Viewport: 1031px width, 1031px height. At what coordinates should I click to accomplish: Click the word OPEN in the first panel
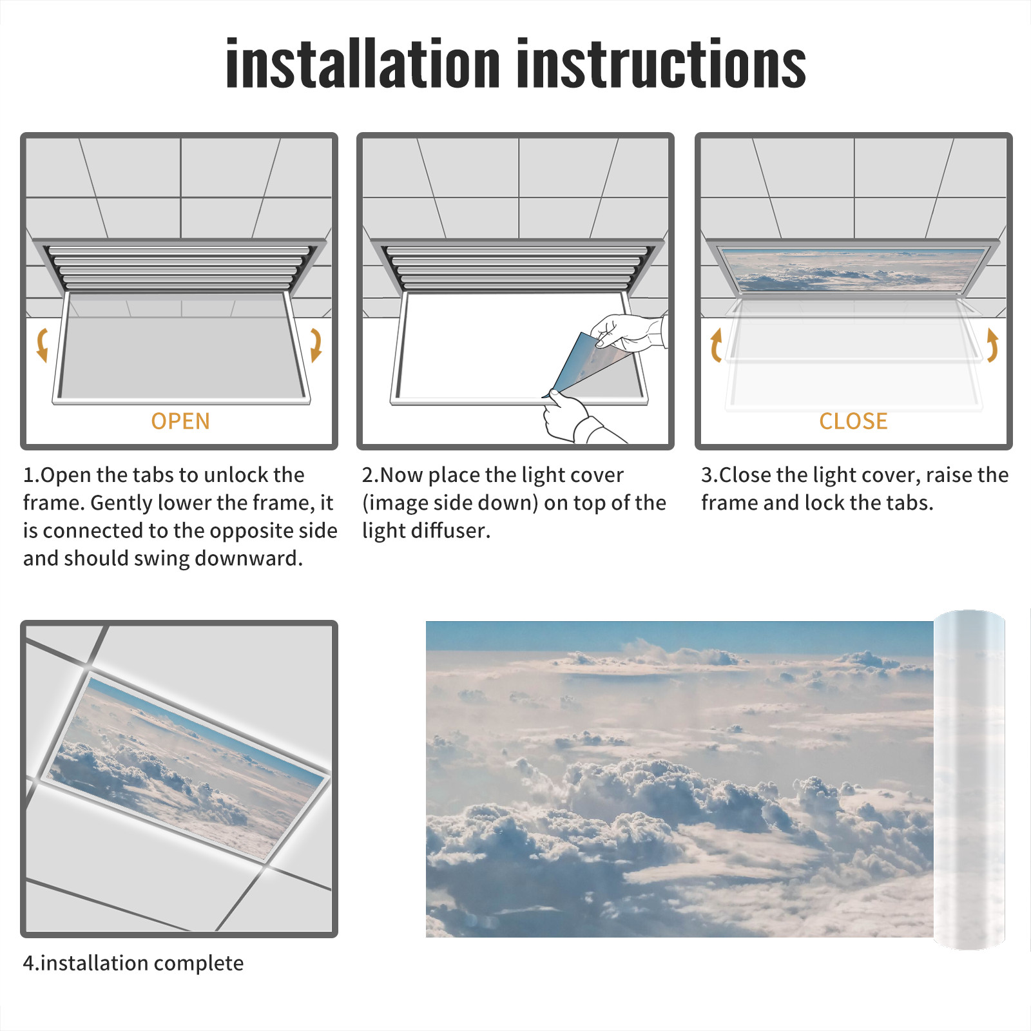[x=180, y=421]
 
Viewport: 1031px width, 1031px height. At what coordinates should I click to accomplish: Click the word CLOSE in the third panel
[x=853, y=421]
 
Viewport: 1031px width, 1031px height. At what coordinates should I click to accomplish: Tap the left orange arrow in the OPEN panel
[x=43, y=345]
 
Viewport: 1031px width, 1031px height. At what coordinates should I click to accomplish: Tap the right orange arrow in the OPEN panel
[x=316, y=345]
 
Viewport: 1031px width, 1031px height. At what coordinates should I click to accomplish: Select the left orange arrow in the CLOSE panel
[x=715, y=345]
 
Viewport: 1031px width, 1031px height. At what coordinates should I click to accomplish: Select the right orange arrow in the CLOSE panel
[x=992, y=345]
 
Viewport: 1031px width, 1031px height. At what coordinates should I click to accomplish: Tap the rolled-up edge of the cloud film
[x=969, y=780]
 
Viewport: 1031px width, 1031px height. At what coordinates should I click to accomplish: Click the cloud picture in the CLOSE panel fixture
[x=854, y=269]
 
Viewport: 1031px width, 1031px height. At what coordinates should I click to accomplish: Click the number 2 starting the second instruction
[x=368, y=475]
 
